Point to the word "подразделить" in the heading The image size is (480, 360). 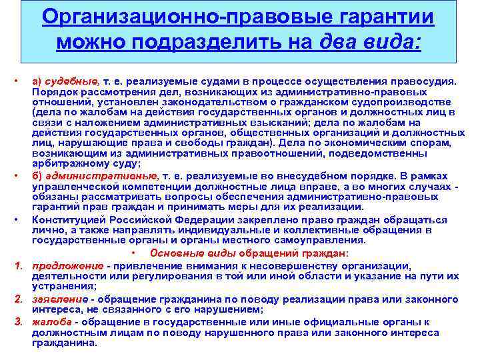pyautogui.click(x=209, y=43)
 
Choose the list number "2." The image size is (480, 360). pyautogui.click(x=18, y=300)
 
